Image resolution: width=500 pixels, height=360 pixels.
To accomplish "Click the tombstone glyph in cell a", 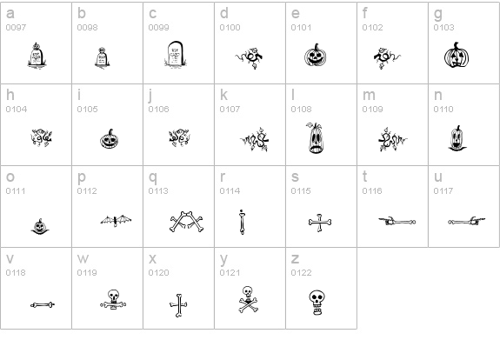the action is click(x=37, y=56).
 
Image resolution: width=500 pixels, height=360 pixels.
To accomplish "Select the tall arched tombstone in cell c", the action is click(x=175, y=55).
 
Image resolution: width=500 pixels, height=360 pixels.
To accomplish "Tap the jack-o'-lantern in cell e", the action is click(x=315, y=55).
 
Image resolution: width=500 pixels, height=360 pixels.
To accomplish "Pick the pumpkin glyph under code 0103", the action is click(x=457, y=55).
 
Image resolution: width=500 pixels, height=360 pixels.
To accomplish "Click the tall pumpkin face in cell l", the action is click(x=316, y=138).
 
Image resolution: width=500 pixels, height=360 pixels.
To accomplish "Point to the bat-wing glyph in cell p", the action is click(x=116, y=221).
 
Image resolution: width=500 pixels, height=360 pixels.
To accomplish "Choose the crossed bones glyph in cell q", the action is click(x=186, y=222).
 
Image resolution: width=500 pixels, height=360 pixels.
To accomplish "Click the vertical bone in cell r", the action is click(x=242, y=222).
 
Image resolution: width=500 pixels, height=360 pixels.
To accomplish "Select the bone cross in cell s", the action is click(x=320, y=223).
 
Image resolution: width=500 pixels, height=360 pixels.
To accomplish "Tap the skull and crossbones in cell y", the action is click(x=249, y=299).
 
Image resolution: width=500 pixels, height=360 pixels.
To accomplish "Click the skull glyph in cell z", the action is click(x=317, y=303).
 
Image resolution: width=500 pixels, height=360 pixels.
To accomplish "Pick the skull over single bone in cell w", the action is click(x=113, y=299).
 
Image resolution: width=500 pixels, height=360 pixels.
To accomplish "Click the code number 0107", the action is click(x=230, y=110).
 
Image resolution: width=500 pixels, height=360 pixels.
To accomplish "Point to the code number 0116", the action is click(x=372, y=191).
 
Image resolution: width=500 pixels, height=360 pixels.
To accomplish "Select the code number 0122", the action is click(x=302, y=273).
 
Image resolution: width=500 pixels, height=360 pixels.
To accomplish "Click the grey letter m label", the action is click(x=369, y=96).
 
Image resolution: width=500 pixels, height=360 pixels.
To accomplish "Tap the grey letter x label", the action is click(x=152, y=259).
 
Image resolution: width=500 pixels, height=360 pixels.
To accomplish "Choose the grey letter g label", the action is click(x=438, y=15).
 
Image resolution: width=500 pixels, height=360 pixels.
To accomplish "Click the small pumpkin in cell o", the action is click(x=40, y=226).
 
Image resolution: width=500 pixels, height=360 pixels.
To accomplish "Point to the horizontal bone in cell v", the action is click(x=43, y=305).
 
